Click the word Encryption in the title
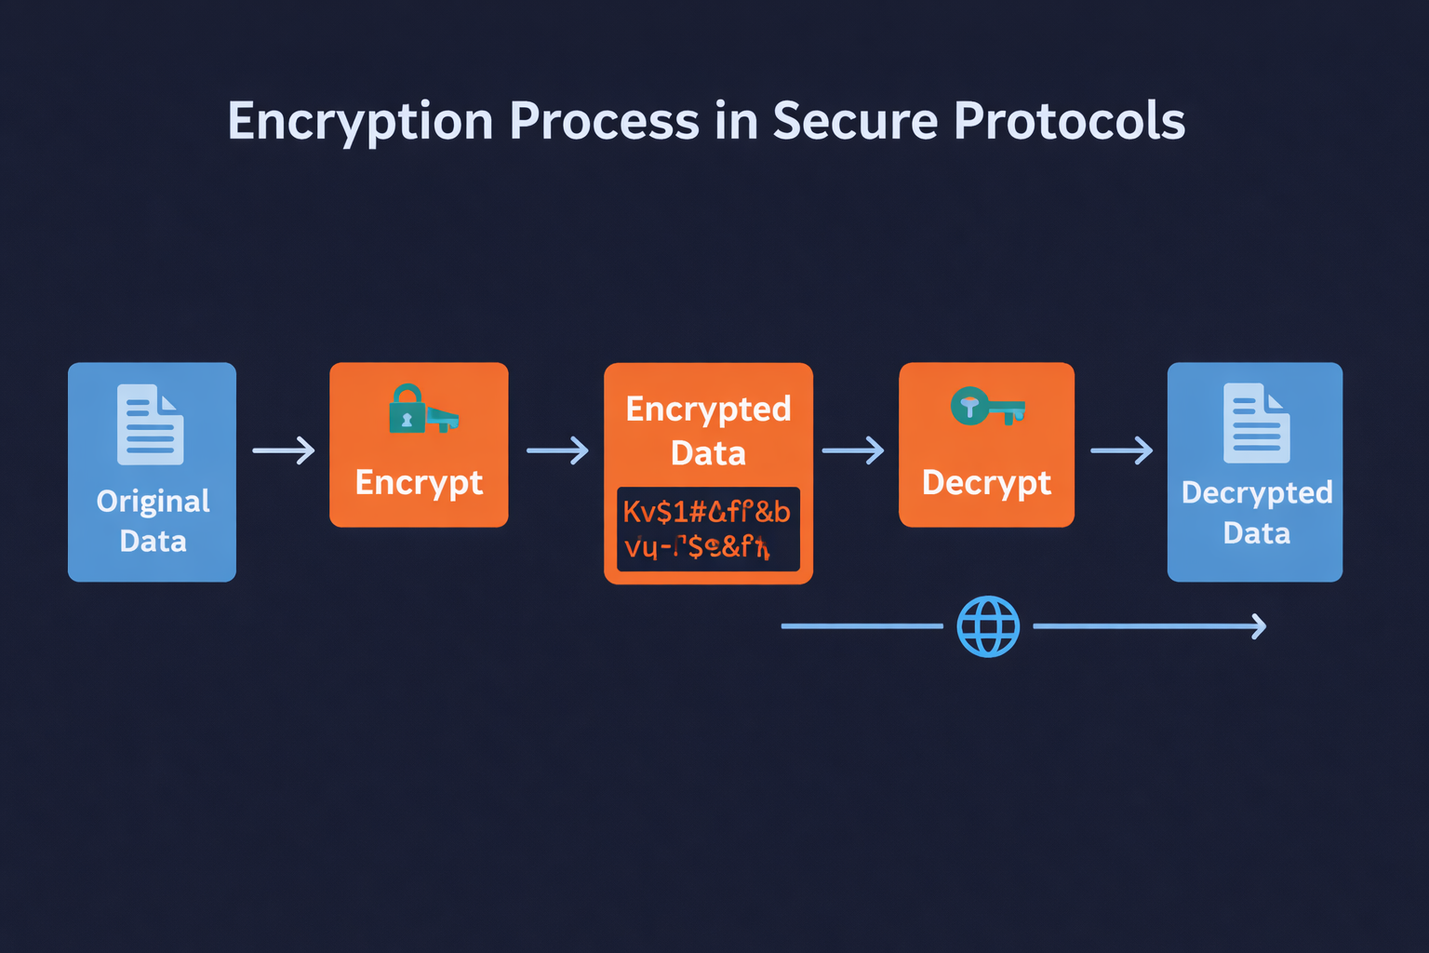[x=360, y=122]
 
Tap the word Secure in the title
[x=854, y=122]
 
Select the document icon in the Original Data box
[x=150, y=424]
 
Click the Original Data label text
[x=153, y=521]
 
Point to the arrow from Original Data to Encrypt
[x=284, y=450]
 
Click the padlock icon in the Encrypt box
[x=407, y=409]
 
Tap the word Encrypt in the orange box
[x=419, y=483]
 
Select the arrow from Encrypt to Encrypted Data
[x=557, y=450]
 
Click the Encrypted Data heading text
[x=708, y=431]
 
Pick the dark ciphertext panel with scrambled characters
[x=708, y=529]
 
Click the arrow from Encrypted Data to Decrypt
[x=853, y=450]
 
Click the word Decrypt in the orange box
[x=986, y=483]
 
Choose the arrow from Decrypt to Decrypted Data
[x=1121, y=450]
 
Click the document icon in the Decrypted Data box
[x=1256, y=423]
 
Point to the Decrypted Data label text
[x=1256, y=513]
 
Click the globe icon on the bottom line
[x=988, y=626]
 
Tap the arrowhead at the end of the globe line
[x=1259, y=626]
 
